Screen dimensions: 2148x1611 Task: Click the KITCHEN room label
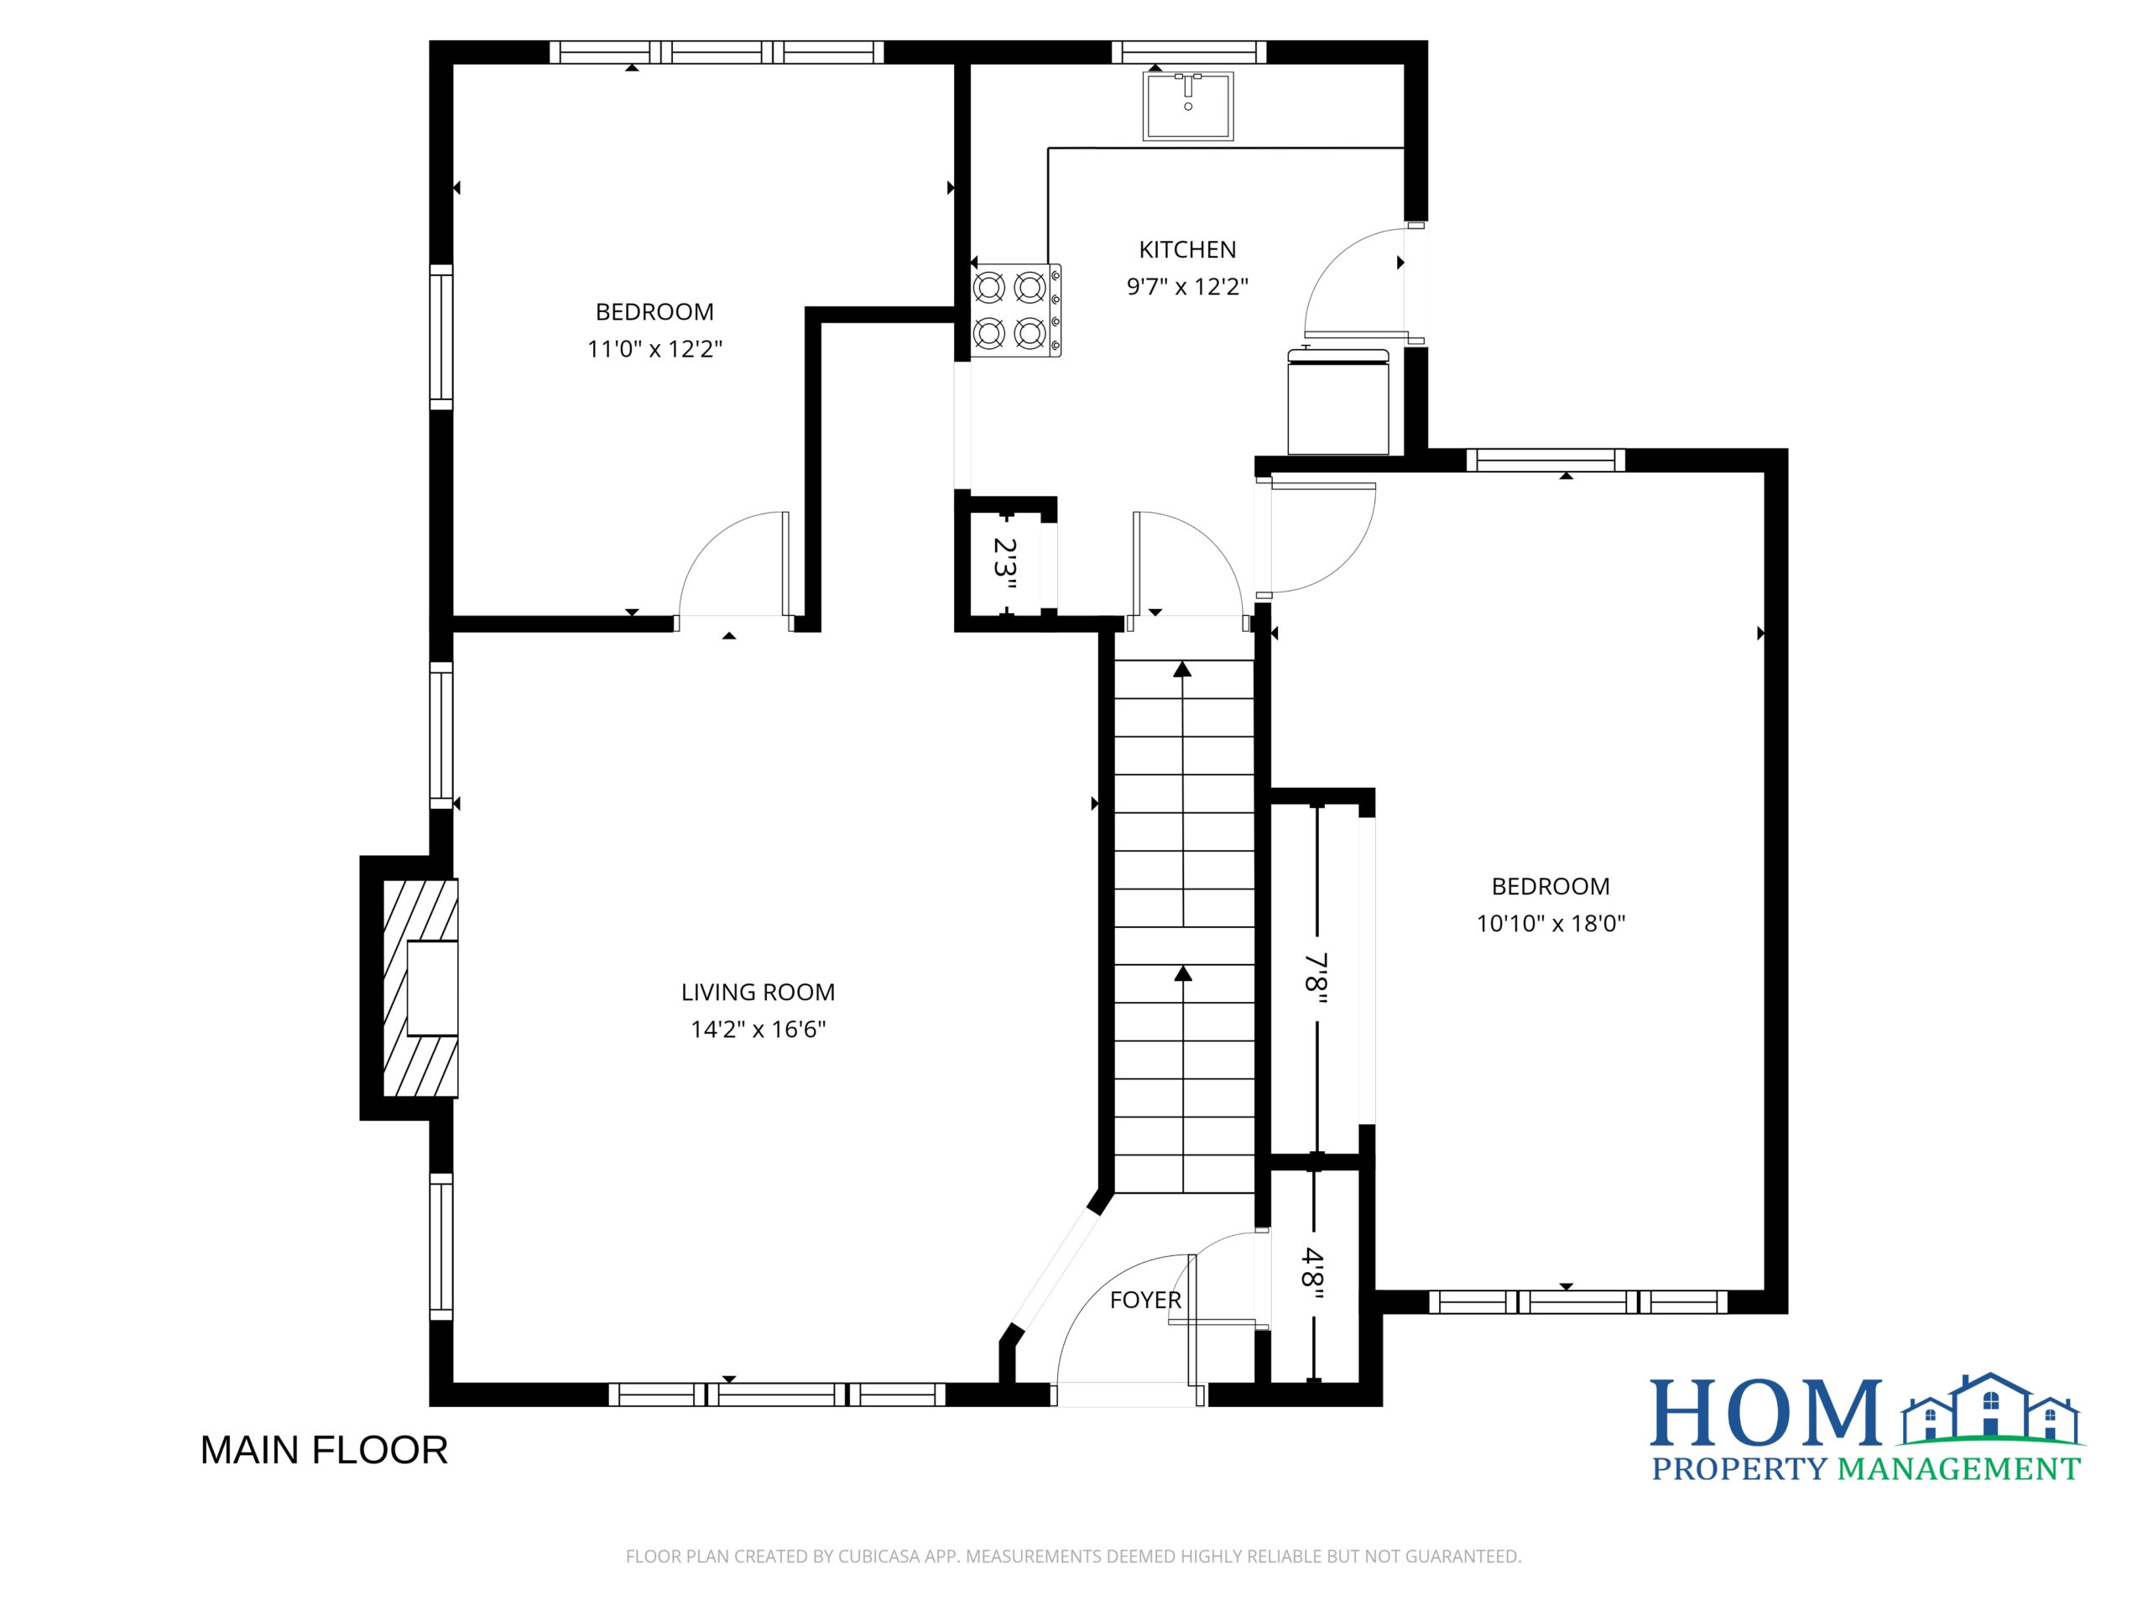click(1186, 249)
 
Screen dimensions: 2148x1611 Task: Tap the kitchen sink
click(1187, 106)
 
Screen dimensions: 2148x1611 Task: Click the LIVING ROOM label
click(758, 992)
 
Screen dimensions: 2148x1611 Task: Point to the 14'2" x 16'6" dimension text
click(758, 1029)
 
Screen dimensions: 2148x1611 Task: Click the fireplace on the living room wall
click(420, 988)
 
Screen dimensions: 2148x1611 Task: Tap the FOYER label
click(1146, 1299)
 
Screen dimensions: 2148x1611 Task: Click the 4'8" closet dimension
click(1313, 1266)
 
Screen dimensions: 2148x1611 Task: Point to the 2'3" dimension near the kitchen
click(1005, 566)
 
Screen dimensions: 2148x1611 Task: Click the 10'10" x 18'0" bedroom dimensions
click(1551, 922)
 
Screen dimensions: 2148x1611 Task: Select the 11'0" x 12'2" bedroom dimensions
click(654, 348)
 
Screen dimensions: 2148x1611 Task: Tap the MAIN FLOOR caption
click(325, 1450)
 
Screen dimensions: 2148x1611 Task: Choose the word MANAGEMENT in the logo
click(1959, 1469)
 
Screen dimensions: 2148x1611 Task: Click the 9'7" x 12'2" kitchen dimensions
click(1186, 286)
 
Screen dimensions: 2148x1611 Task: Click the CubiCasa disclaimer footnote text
click(1073, 1556)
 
